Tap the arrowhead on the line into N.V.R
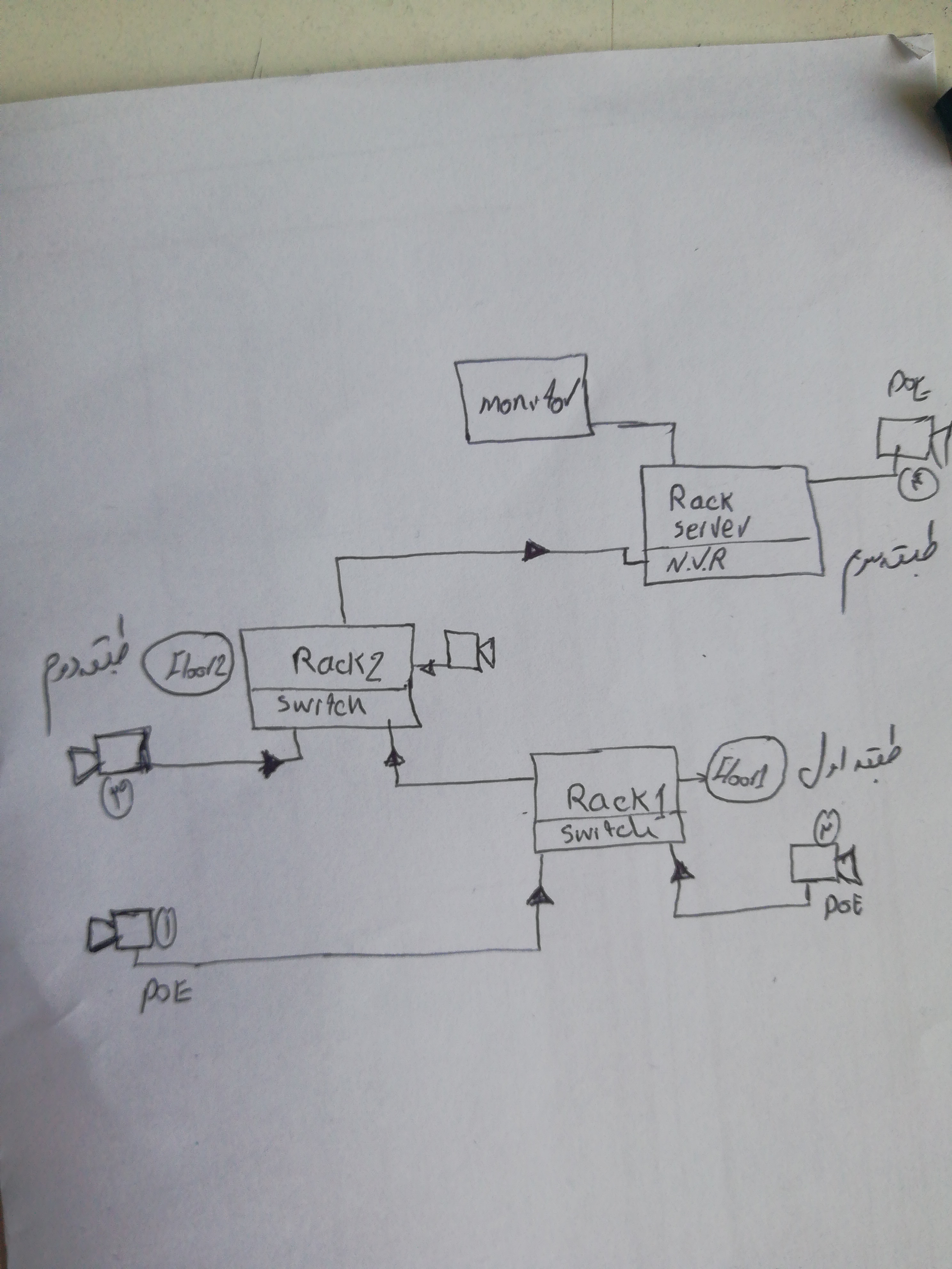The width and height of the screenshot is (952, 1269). coord(535,551)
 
